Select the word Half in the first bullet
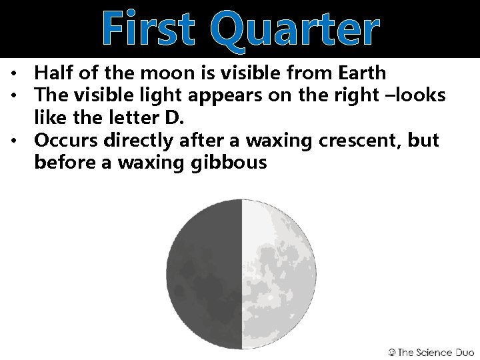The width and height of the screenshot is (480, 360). tap(54, 73)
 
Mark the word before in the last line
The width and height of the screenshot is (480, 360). tap(63, 161)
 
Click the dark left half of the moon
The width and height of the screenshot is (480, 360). tap(203, 274)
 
